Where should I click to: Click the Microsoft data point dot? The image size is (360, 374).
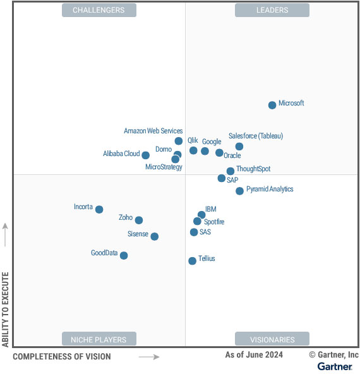(272, 105)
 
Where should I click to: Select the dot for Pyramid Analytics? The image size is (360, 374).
(239, 191)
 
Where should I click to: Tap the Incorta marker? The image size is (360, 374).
(99, 209)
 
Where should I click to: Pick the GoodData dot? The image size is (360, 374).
(124, 255)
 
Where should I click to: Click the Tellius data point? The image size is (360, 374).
(192, 260)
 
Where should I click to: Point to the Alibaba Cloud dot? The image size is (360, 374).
(145, 155)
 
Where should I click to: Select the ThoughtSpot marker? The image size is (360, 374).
(231, 171)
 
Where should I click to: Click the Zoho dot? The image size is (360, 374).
(139, 220)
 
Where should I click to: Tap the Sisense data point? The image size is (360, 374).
(154, 236)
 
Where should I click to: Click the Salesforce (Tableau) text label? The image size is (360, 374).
(256, 136)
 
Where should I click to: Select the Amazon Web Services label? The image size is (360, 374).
(153, 131)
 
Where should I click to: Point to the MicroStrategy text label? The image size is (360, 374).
(164, 167)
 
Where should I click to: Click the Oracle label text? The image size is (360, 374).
(232, 155)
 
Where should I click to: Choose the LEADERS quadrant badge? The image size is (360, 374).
(272, 10)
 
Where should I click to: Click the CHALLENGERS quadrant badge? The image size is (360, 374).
(99, 10)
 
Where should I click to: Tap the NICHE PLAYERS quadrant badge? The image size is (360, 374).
(99, 339)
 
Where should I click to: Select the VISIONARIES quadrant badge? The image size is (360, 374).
(272, 339)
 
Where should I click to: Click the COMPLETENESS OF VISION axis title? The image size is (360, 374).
(62, 356)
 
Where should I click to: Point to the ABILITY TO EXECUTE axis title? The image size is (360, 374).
(6, 310)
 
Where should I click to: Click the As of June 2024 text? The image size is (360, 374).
(254, 355)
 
